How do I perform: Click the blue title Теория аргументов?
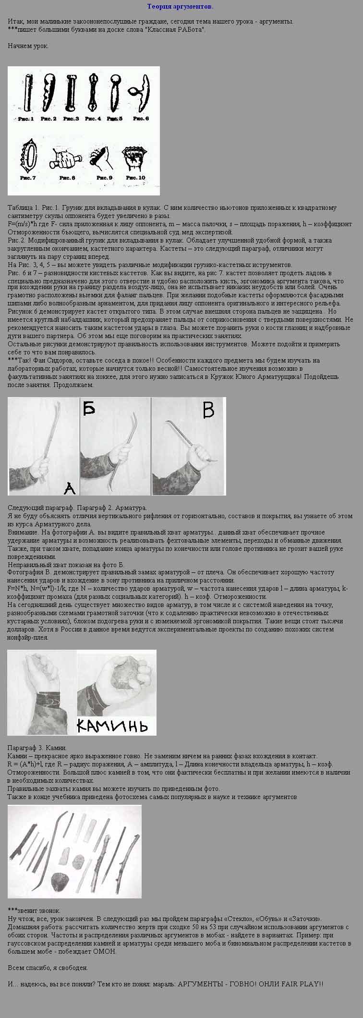point(180,7)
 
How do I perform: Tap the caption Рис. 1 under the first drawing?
point(26,119)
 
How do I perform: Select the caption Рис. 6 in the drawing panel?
point(141,118)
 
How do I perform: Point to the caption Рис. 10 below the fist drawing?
point(135,177)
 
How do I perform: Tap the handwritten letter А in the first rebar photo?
point(70,488)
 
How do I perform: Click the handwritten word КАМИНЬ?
point(112,725)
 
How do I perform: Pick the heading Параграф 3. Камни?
point(37,748)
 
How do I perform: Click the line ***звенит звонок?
point(34,910)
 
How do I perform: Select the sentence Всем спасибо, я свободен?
point(48,968)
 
